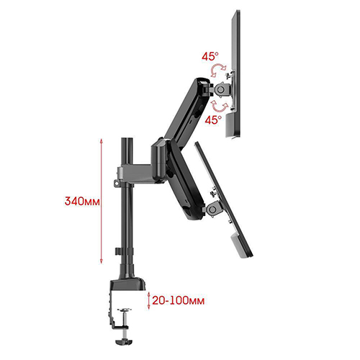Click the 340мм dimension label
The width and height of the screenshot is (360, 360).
(82, 201)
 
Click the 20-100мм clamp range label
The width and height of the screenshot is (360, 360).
(179, 300)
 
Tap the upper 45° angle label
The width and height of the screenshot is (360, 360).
(210, 56)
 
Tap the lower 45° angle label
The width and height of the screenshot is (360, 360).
(213, 120)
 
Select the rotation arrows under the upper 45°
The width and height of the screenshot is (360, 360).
(218, 70)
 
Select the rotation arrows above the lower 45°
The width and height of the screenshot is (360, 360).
(220, 106)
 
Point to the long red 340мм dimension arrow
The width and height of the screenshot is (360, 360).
(101, 201)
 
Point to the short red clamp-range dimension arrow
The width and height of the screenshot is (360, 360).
(149, 300)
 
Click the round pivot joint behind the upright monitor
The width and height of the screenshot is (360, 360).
(221, 89)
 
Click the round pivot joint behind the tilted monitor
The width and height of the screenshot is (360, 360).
(212, 210)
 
